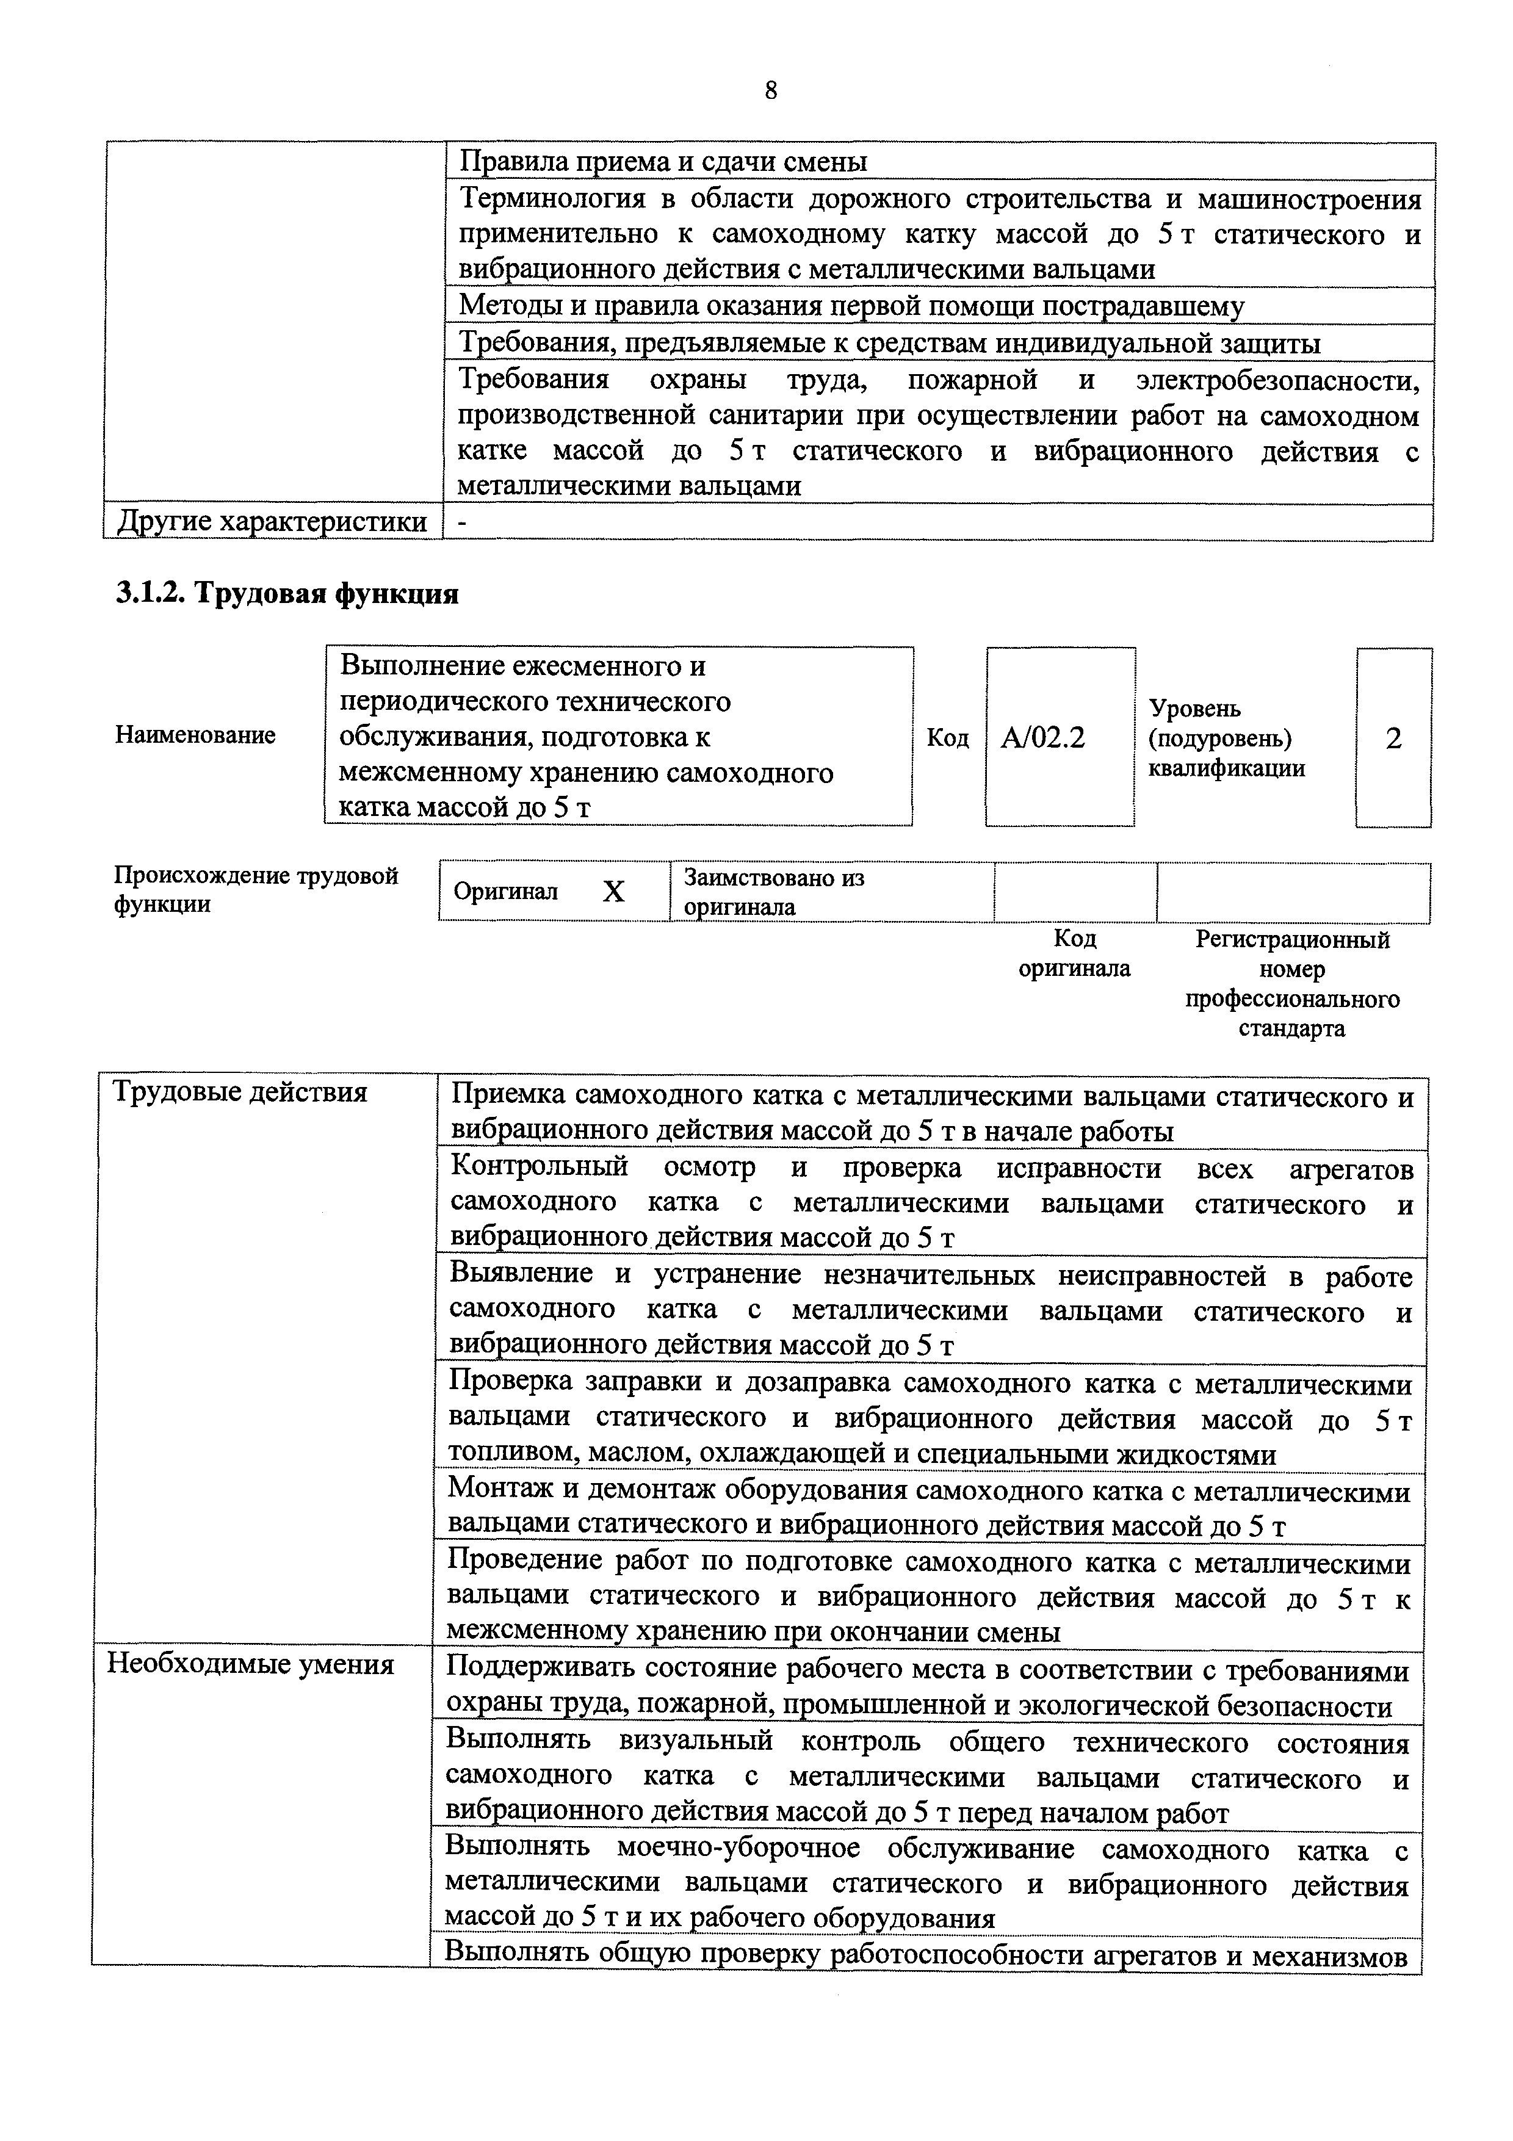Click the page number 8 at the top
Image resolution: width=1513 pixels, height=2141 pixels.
[770, 90]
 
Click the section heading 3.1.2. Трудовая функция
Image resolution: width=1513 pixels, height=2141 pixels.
[287, 594]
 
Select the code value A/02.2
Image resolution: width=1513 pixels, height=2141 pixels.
[1042, 738]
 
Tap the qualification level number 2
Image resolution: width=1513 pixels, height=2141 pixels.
[1393, 738]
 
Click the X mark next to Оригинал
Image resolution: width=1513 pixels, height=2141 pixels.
[613, 892]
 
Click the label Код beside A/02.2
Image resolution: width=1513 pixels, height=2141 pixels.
[947, 738]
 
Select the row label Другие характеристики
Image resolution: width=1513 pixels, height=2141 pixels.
[272, 522]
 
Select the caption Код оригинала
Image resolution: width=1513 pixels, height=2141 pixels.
[1074, 953]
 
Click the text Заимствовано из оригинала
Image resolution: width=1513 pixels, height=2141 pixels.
[774, 892]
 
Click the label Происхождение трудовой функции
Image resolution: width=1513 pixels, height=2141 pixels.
[256, 890]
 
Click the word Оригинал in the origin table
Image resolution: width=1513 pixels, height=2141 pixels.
[505, 892]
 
